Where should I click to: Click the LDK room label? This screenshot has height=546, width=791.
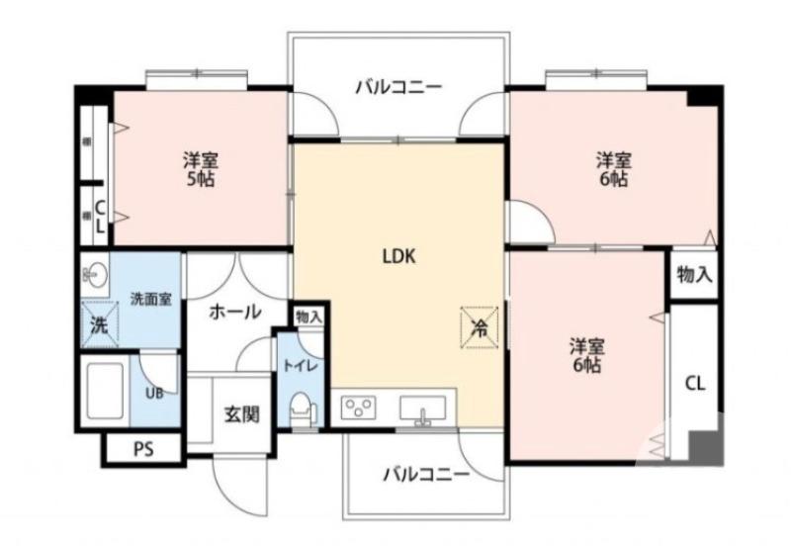tap(398, 255)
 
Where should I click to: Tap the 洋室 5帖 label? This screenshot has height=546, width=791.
tap(201, 168)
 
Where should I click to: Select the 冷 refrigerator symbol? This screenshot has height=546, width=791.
tap(478, 327)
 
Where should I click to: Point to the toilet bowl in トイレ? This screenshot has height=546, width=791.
tap(304, 409)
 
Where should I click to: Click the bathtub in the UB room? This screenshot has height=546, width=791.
tap(104, 391)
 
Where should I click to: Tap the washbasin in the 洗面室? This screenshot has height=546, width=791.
tap(96, 274)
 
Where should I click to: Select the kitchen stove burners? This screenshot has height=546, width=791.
tap(361, 408)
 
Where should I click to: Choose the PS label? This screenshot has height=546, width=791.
tap(143, 449)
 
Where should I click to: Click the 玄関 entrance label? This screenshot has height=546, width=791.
tap(240, 413)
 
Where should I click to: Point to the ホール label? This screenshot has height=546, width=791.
tap(234, 312)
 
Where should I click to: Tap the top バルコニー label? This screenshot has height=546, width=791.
tap(398, 88)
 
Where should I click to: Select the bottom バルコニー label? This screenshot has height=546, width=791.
tap(426, 474)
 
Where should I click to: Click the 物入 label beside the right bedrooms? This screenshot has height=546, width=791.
tap(694, 275)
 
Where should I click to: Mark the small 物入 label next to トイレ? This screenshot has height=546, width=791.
tap(308, 317)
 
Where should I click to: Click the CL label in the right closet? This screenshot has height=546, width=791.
tap(695, 384)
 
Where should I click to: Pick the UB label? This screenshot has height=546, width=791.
tap(155, 393)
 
